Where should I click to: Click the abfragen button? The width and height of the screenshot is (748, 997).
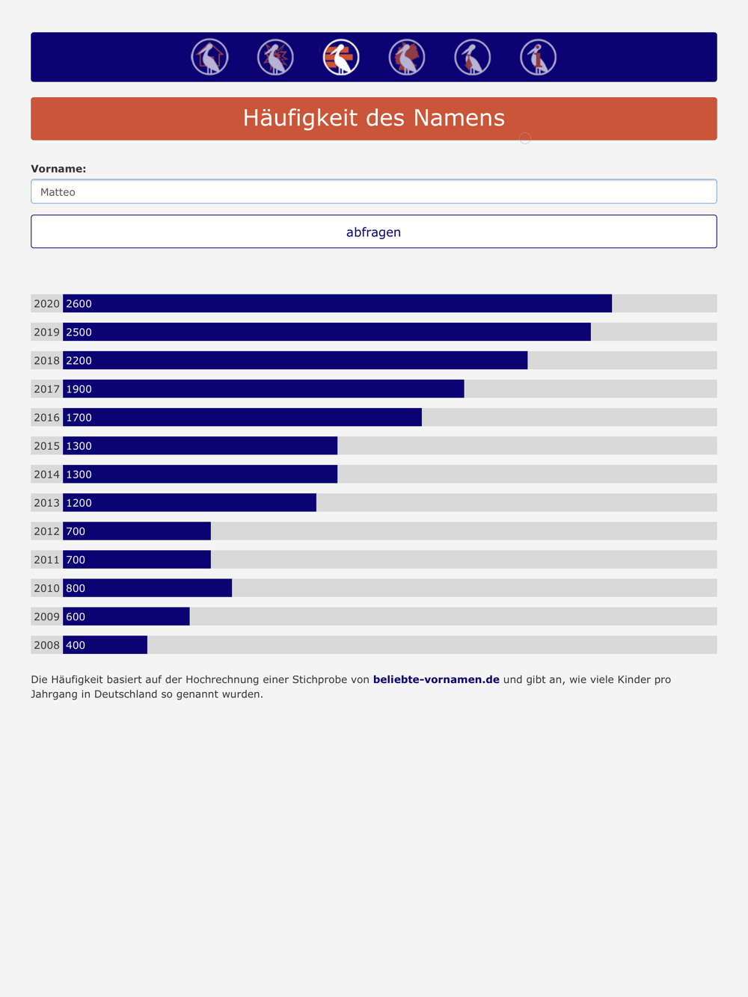point(373,232)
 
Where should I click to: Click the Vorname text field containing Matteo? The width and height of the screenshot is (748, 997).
point(373,191)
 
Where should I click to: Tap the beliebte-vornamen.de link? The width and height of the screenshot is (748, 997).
point(436,679)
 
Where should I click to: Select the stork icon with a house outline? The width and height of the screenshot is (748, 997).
point(209,58)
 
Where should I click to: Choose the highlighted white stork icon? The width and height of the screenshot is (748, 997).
point(341,58)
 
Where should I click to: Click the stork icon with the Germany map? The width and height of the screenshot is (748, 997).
point(407,58)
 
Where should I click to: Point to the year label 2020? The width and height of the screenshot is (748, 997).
point(47,303)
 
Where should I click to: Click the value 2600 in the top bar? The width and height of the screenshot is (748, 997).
point(79,303)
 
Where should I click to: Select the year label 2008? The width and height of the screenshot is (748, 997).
point(47,645)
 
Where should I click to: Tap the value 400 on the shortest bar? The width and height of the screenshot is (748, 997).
point(76,645)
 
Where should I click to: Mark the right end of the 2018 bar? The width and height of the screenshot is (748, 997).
point(527,360)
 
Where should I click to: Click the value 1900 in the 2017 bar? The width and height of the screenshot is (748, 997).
point(79,389)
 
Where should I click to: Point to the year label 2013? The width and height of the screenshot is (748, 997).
point(47,503)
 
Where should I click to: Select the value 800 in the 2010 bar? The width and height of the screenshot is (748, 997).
point(76,588)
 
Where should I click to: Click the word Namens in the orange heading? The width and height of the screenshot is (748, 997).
point(459,118)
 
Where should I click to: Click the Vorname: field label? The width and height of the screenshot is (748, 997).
point(58,168)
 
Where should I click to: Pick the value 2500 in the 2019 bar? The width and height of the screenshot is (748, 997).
point(79,332)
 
